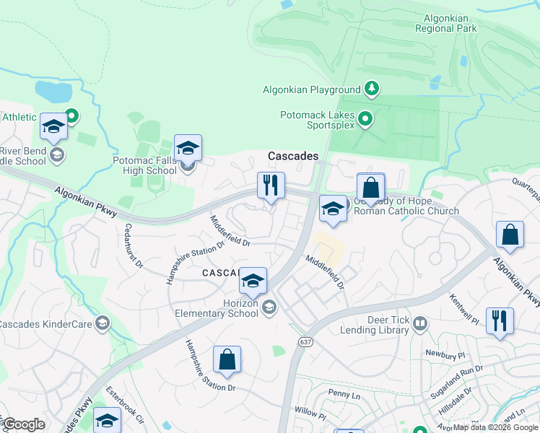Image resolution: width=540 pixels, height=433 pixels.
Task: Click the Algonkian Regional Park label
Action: click(446, 23)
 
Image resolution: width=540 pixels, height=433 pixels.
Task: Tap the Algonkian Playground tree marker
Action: click(372, 89)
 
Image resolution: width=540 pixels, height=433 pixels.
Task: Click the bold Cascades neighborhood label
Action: click(293, 156)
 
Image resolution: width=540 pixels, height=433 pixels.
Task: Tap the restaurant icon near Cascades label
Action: click(271, 185)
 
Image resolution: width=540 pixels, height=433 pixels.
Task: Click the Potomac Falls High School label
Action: click(144, 165)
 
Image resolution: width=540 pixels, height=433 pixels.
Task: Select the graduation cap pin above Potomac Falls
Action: click(188, 149)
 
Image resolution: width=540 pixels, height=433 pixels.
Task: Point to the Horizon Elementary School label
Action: click(217, 308)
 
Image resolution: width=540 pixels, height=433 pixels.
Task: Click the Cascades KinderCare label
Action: click(45, 324)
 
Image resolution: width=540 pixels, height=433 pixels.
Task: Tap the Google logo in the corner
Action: click(24, 424)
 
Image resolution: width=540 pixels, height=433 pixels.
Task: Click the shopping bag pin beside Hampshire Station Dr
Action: click(227, 360)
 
